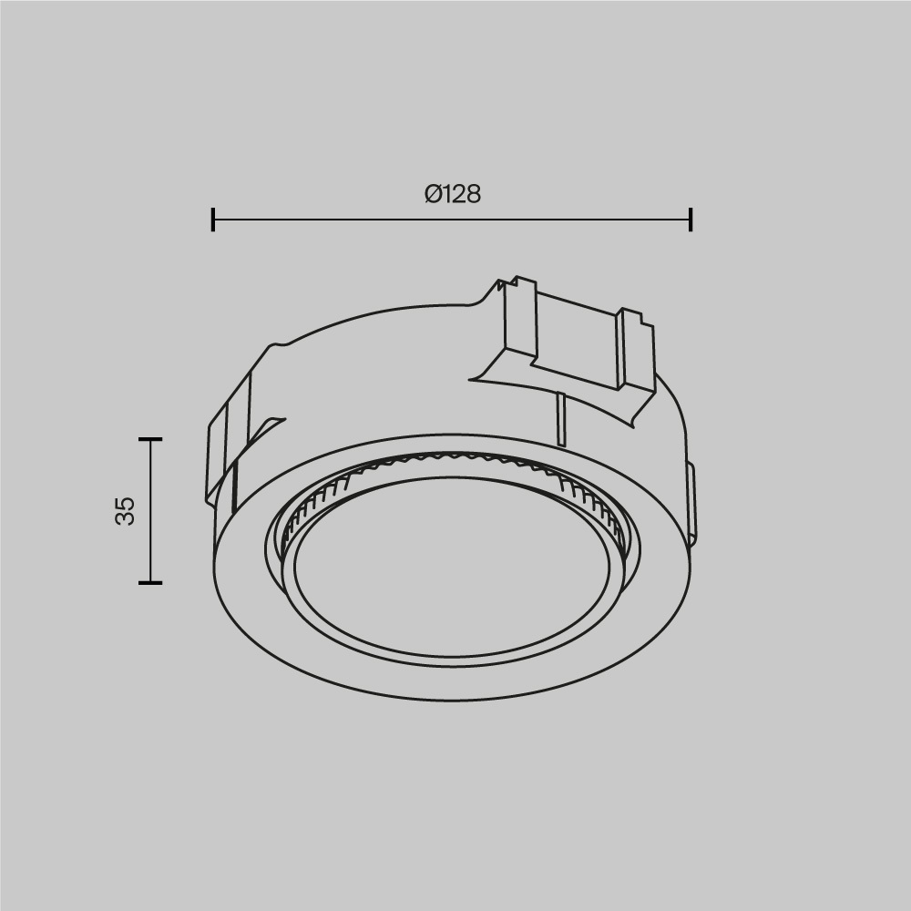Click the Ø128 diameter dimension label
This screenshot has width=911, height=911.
[452, 194]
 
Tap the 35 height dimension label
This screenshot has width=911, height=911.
[126, 510]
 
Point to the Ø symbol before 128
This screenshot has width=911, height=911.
[433, 194]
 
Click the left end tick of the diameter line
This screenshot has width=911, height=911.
[212, 220]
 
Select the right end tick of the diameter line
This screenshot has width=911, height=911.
[691, 220]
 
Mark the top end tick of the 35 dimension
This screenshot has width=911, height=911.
[150, 439]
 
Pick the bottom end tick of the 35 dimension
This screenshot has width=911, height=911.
[150, 582]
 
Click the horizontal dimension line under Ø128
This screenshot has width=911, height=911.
[452, 220]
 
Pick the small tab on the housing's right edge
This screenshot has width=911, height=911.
[691, 501]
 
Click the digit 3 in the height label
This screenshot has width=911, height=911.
[126, 517]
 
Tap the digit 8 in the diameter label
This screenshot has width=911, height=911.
[471, 194]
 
